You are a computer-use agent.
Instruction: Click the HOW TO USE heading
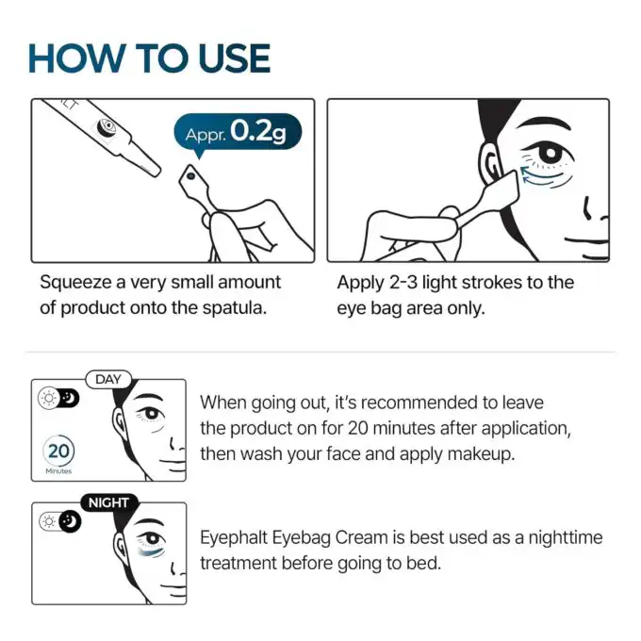pos(149,58)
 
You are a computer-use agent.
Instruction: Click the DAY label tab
pos(109,379)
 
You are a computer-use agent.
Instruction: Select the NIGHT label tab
pos(108,502)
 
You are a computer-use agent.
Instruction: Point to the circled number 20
pos(58,450)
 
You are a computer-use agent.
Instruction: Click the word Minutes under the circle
pos(58,470)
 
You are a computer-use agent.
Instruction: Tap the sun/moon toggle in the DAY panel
pos(58,398)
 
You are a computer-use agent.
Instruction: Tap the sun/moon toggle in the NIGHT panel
pos(58,521)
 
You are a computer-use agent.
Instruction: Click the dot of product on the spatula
pos(188,175)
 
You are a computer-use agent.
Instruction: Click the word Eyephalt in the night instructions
pos(237,538)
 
